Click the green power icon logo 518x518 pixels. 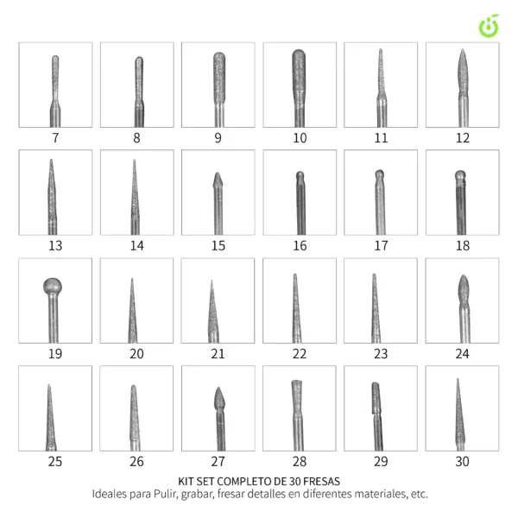point(490,26)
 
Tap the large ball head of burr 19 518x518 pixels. point(53,286)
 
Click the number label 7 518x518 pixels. point(55,138)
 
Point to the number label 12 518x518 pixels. point(463,138)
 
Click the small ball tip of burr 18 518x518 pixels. point(460,175)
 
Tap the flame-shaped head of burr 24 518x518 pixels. point(464,289)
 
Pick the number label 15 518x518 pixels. point(218,246)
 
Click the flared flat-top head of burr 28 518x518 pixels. point(296,397)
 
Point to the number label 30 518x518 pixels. point(462,462)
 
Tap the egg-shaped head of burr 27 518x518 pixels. point(218,399)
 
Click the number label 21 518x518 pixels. point(218,354)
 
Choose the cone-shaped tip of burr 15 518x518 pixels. point(218,180)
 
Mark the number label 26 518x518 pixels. point(136,462)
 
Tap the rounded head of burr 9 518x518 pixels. point(219,78)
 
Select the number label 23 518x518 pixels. point(381,354)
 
